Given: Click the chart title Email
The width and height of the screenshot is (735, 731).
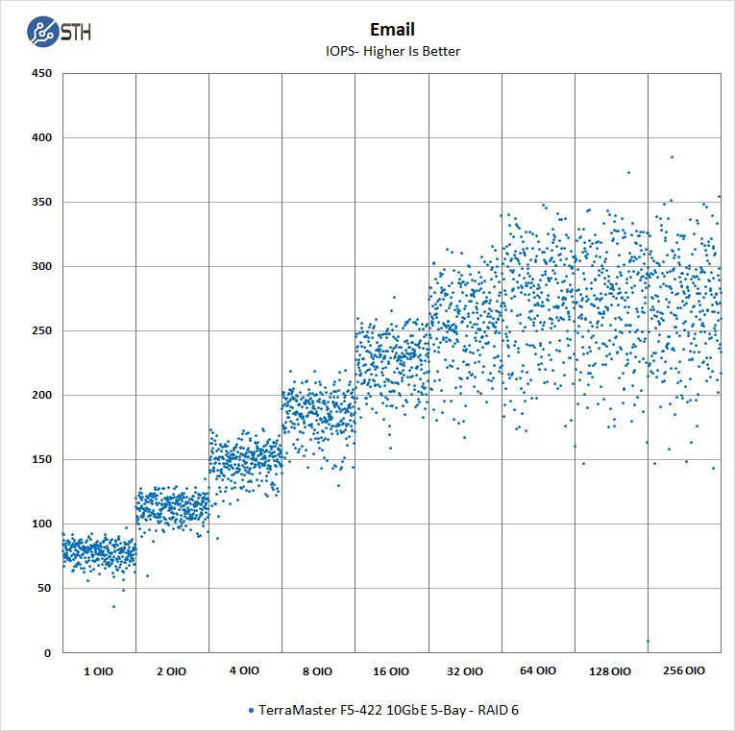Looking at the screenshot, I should tap(392, 30).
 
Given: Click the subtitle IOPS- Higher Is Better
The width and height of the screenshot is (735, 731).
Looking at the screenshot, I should tap(392, 51).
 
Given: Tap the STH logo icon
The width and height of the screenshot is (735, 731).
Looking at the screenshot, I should tap(42, 32).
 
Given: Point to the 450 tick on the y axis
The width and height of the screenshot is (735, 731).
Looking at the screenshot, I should tap(40, 73).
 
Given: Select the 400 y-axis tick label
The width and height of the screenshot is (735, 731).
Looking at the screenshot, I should tap(40, 137).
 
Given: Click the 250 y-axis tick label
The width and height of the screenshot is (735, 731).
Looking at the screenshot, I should tap(40, 330).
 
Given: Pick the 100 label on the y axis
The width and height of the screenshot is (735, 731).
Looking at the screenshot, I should tap(40, 524).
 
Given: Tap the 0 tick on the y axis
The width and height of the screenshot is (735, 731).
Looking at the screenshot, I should tap(46, 652).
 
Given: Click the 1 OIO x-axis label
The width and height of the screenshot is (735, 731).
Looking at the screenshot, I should tap(98, 671).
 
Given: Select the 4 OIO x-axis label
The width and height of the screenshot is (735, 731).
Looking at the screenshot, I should tap(244, 671).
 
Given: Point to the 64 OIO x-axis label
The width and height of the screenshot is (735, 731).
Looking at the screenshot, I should tap(537, 671).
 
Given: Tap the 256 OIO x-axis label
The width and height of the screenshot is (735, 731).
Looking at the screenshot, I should tap(684, 670).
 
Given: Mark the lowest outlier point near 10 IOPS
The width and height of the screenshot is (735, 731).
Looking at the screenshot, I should tap(648, 641).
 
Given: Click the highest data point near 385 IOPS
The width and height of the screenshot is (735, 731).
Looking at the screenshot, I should tap(672, 157).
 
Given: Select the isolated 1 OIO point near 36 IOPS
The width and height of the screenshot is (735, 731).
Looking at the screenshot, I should tap(113, 606).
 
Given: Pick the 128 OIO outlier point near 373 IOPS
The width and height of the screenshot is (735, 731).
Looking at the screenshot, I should tap(628, 173).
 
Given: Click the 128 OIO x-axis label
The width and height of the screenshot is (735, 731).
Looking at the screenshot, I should tap(611, 671).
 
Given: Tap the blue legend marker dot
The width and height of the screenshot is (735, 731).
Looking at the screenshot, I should tap(252, 710).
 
